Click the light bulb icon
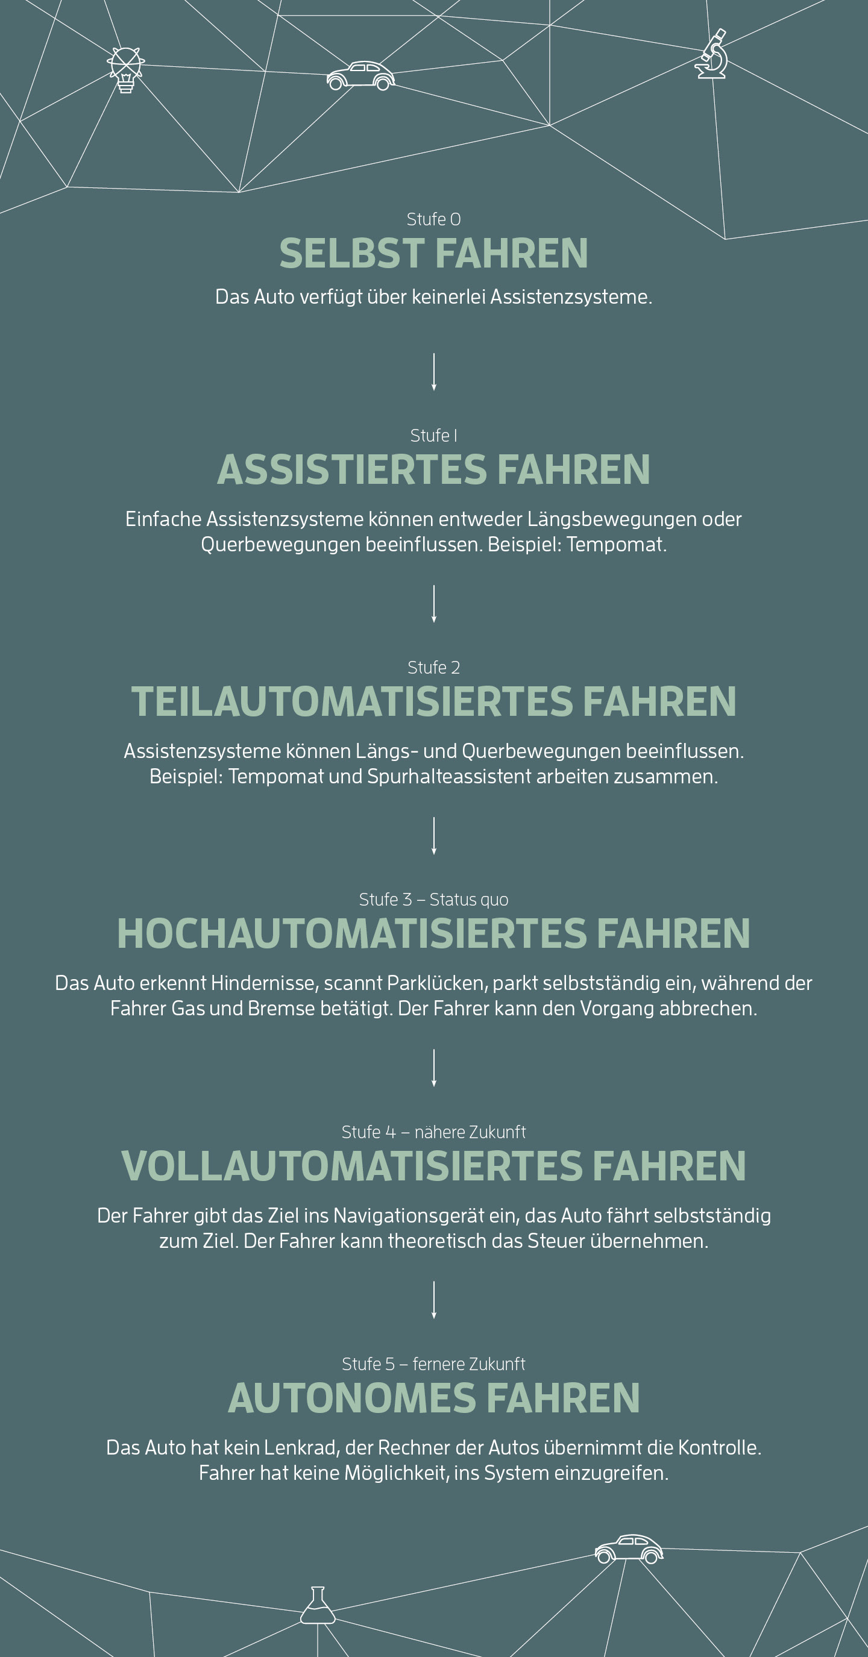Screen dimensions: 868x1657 point(125,69)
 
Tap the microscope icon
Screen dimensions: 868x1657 point(711,54)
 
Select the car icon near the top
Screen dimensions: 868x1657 point(360,76)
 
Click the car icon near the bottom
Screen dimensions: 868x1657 point(629,1549)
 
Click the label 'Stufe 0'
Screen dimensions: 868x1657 point(433,219)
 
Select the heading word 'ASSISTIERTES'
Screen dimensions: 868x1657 point(352,469)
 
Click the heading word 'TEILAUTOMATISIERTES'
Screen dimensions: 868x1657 point(352,701)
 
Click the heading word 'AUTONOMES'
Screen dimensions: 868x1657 point(351,1398)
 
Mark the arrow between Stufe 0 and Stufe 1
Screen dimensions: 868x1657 point(433,371)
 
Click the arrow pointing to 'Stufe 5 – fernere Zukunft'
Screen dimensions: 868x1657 point(433,1299)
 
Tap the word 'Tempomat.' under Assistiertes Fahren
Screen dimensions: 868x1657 point(617,545)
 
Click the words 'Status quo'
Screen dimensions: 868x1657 point(468,900)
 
